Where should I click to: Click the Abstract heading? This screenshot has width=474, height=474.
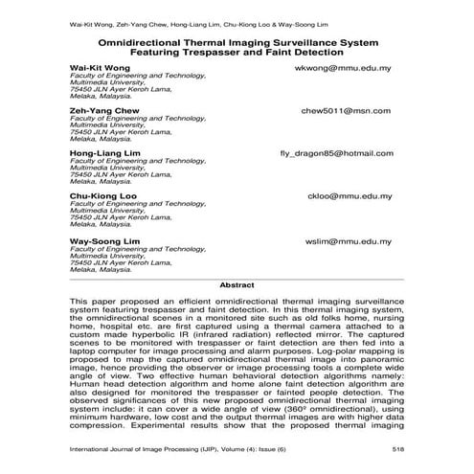[237, 284]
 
